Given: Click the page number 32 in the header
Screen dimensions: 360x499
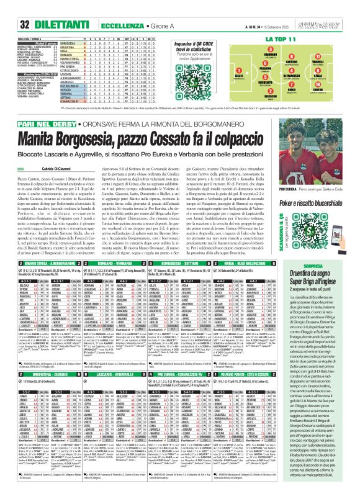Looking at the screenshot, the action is point(11,7).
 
